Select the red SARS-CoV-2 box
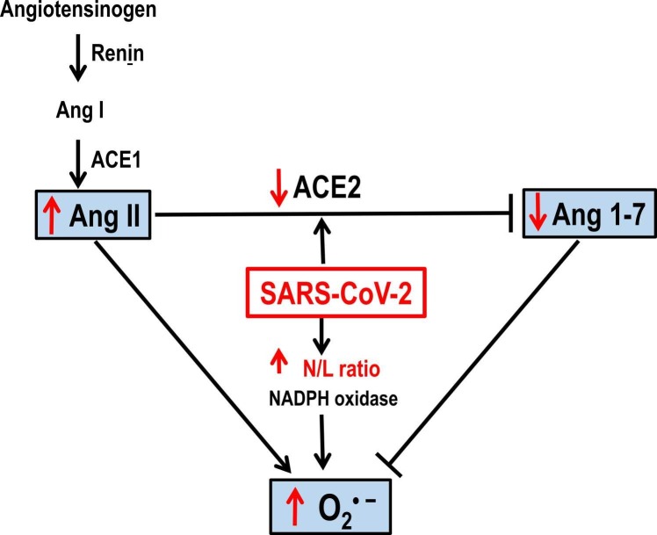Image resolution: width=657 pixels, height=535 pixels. (x=327, y=292)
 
